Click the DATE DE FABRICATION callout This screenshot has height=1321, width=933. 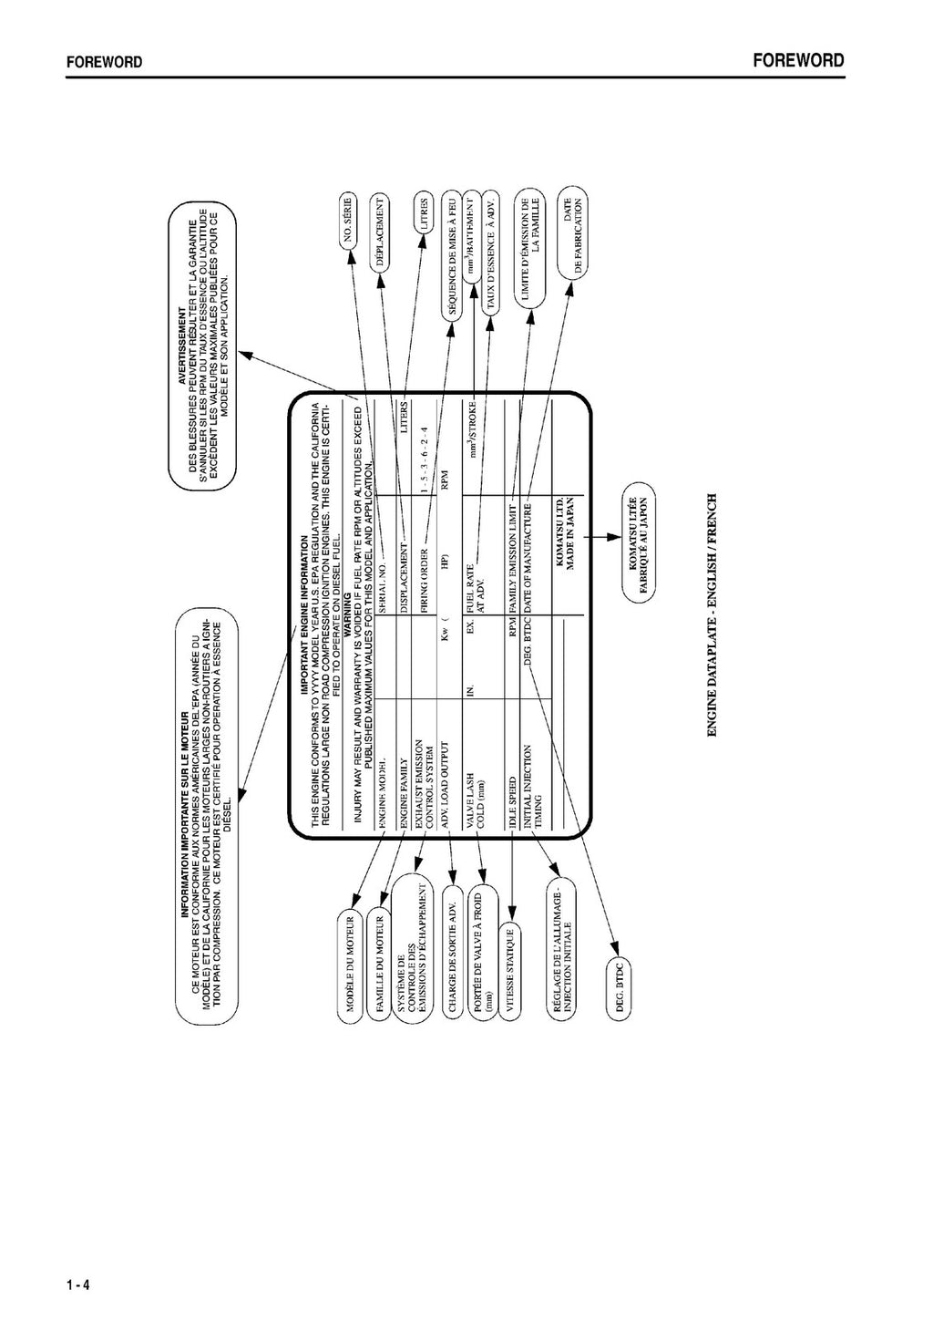coord(572,236)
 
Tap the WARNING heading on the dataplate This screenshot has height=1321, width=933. coord(347,612)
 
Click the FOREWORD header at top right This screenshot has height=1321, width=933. coord(798,61)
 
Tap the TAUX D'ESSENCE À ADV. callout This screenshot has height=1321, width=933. coord(490,254)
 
